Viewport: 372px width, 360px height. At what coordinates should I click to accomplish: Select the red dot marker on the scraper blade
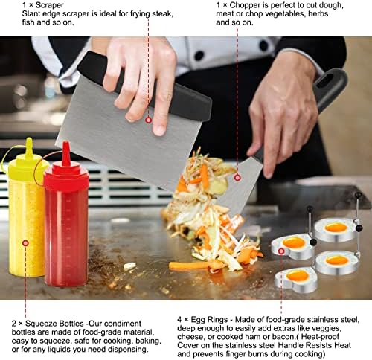point(149,120)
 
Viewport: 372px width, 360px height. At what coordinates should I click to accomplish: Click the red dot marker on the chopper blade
point(237,178)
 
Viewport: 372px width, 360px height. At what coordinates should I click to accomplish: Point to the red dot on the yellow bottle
point(25,243)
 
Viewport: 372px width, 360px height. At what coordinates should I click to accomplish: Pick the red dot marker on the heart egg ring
point(281,251)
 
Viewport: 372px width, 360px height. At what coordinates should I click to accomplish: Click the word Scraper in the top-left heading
point(50,5)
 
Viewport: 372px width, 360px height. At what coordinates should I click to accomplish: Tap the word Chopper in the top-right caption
point(246,5)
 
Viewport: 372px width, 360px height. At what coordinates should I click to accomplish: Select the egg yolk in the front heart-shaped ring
point(298,276)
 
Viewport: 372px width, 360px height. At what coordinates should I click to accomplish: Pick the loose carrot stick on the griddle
point(188,266)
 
